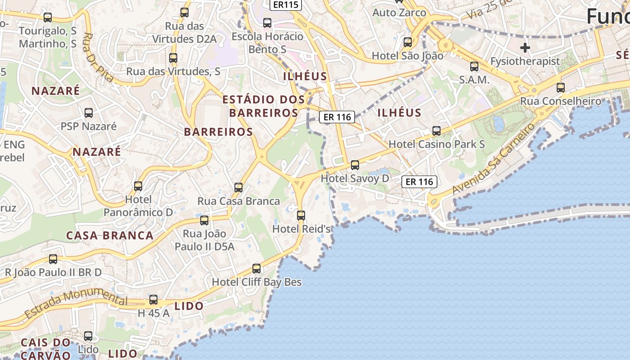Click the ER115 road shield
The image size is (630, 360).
click(285, 5)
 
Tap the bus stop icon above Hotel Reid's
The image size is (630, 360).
click(301, 216)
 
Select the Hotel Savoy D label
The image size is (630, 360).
click(355, 179)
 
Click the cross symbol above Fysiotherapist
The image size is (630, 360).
click(525, 48)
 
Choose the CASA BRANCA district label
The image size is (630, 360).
click(110, 235)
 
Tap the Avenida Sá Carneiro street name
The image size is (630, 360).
click(494, 158)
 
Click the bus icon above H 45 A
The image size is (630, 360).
click(153, 300)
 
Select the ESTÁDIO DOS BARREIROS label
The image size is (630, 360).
click(264, 106)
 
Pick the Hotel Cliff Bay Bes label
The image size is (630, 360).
click(256, 282)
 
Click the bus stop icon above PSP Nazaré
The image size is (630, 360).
click(89, 113)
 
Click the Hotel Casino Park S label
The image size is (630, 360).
click(436, 144)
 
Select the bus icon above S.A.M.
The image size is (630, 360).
click(474, 67)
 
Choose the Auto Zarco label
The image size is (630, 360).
click(399, 13)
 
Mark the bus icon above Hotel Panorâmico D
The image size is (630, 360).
click(138, 186)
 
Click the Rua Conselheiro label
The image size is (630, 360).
click(561, 101)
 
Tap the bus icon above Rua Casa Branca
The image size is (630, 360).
click(238, 188)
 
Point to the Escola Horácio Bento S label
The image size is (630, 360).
click(267, 42)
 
